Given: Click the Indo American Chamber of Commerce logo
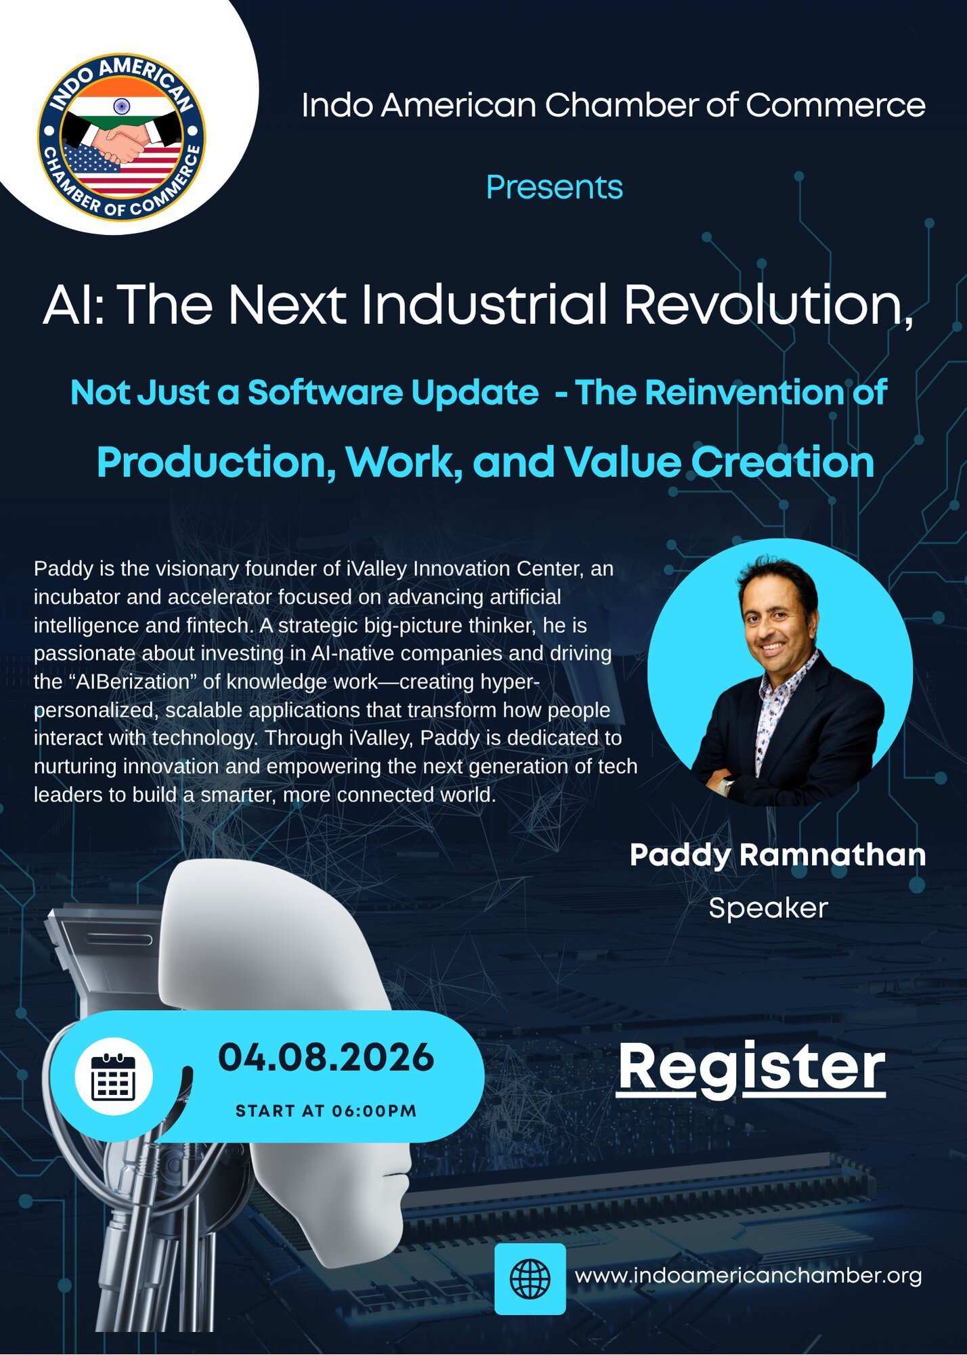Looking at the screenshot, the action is (122, 137).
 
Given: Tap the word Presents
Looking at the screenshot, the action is (554, 188).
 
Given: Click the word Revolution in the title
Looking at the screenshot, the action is (768, 305).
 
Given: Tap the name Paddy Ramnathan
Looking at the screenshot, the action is (777, 855).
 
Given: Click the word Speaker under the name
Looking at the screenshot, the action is (768, 909).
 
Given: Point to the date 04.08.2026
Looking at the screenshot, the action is (326, 1058).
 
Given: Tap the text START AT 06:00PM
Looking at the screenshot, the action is (326, 1111).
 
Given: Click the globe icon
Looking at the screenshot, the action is (530, 1278).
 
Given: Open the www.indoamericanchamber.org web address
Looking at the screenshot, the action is (748, 1276).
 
